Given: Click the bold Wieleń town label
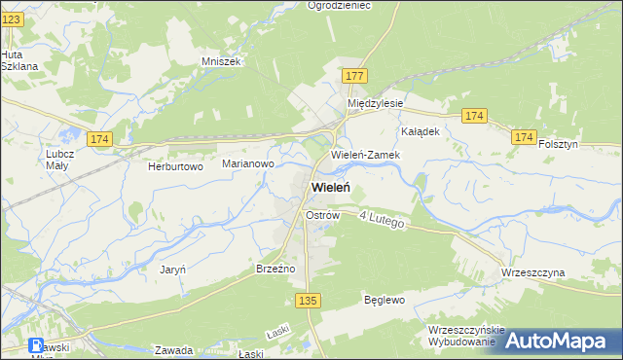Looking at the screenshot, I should click(331, 188).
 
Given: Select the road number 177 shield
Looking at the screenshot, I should click(354, 76).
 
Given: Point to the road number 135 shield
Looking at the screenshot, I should click(309, 302).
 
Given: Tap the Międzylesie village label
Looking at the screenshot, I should click(376, 102).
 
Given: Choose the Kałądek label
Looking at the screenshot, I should click(421, 130).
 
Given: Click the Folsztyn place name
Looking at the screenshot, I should click(558, 144).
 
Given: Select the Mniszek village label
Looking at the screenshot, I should click(220, 60).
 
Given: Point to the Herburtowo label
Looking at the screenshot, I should click(174, 166).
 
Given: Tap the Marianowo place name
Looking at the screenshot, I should click(247, 164).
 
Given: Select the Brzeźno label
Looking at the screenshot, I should click(275, 268).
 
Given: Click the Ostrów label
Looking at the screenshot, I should click(321, 214).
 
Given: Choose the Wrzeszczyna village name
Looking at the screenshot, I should click(532, 273).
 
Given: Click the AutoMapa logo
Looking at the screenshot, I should click(561, 342).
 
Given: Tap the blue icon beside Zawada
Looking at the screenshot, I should click(36, 345).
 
